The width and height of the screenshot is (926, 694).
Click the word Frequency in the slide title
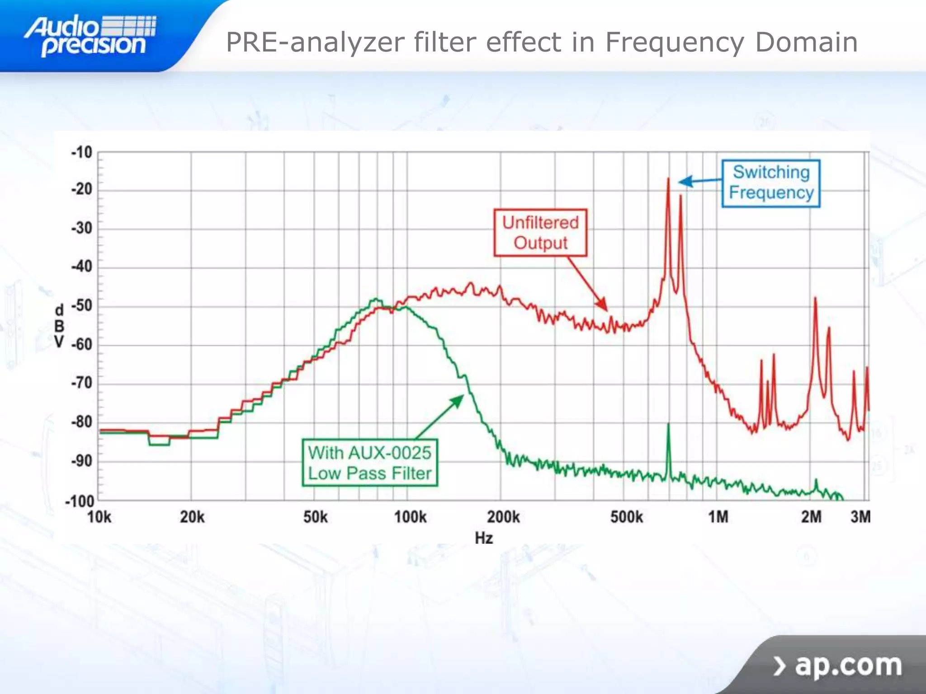pos(674,43)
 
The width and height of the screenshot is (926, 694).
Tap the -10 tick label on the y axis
pos(82,152)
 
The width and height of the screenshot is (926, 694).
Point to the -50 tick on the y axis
pos(82,306)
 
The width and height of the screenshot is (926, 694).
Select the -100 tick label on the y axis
pos(80,501)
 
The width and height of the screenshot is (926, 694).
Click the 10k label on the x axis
pos(99,516)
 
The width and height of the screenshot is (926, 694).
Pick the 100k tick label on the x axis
pos(410,516)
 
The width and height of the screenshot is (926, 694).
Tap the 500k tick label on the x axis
pos(626,516)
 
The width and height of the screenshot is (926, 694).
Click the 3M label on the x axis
pos(860,516)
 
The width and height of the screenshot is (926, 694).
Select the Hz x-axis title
pos(483,538)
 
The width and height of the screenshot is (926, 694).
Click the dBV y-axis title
pos(59,326)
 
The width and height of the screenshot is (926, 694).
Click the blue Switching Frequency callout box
pos(771,183)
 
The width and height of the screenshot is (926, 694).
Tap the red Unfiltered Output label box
pos(540,233)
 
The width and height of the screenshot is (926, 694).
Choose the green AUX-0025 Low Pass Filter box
pos(369,463)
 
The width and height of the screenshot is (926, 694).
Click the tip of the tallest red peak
pos(668,179)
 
